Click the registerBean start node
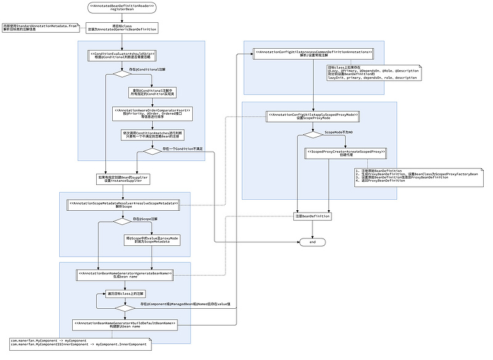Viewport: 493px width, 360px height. (122, 8)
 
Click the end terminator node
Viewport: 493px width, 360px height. (312, 242)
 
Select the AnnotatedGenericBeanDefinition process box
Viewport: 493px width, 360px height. (122, 28)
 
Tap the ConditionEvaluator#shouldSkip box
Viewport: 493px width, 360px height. (122, 55)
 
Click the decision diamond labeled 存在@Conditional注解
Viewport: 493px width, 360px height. (122, 74)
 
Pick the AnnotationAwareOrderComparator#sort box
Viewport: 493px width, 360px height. (152, 113)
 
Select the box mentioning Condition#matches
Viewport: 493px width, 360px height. (152, 134)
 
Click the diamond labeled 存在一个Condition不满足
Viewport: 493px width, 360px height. (152, 151)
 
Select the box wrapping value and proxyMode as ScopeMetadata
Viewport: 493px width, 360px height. (152, 240)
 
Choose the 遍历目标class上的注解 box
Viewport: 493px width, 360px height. (125, 293)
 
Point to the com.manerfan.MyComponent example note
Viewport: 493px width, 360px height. (80, 343)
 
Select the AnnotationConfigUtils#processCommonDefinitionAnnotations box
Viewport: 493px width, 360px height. (313, 54)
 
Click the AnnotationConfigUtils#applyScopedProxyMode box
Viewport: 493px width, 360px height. (312, 116)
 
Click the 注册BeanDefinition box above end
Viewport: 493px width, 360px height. (312, 216)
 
